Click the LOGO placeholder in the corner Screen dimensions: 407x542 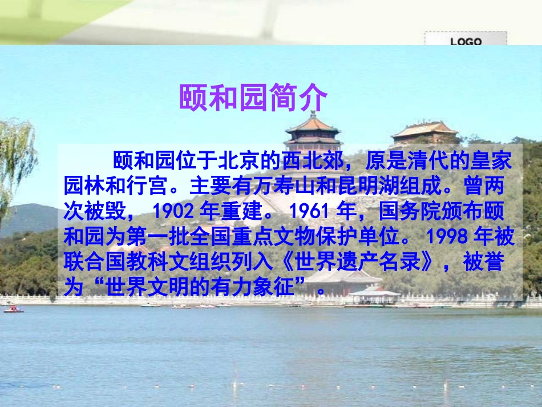pyautogui.click(x=466, y=41)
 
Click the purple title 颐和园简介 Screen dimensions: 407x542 pyautogui.click(x=253, y=98)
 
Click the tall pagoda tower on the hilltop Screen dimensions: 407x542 pyautogui.click(x=313, y=132)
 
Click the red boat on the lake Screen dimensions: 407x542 pyautogui.click(x=13, y=309)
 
